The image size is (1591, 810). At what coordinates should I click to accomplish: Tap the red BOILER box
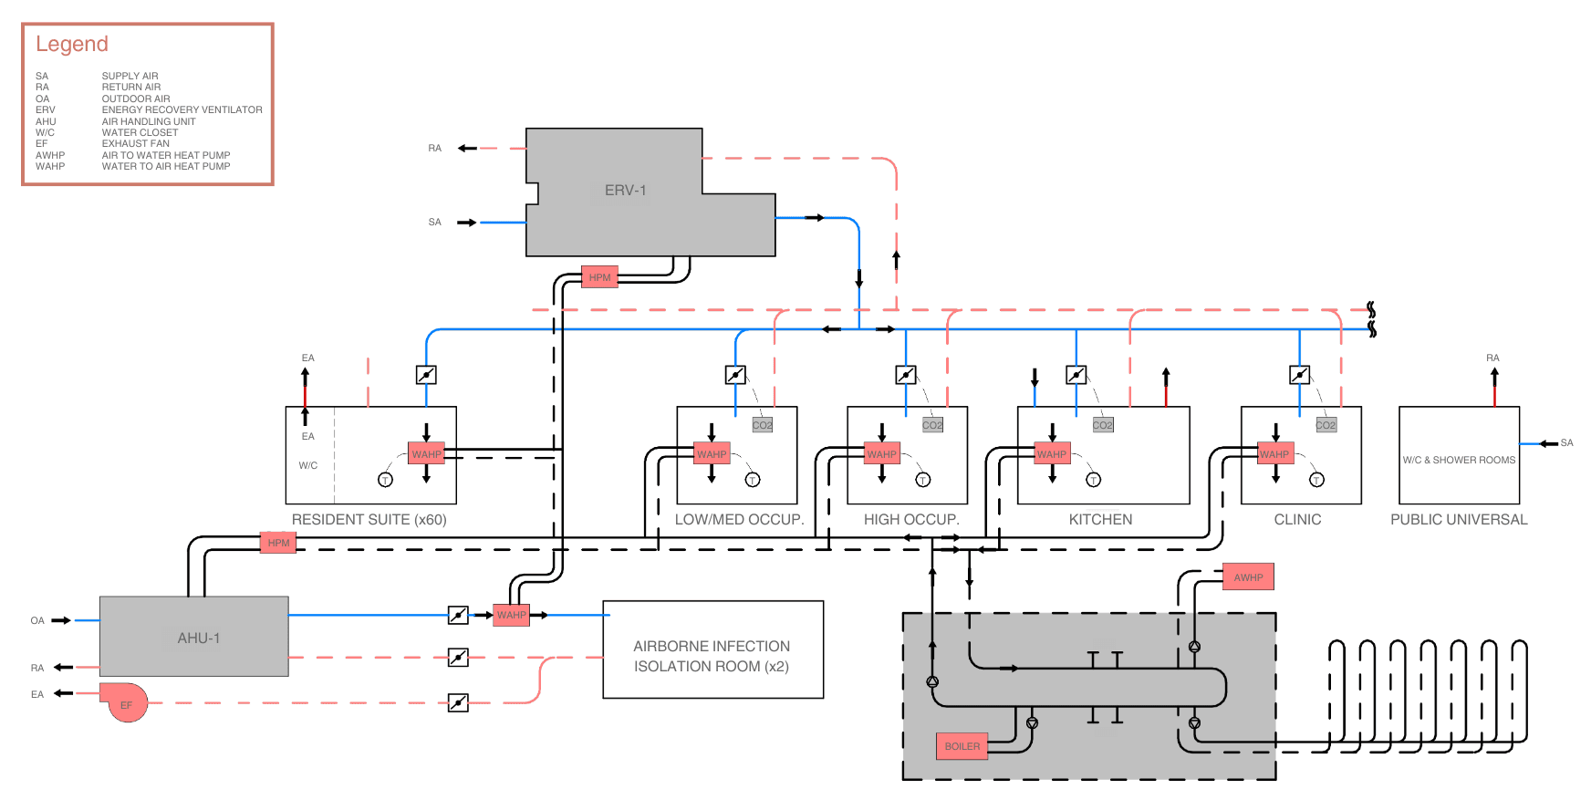962,746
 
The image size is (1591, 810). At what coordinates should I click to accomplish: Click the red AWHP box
1247,577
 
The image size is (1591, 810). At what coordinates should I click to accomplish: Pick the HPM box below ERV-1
599,277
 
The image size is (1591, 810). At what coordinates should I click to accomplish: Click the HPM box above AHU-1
278,543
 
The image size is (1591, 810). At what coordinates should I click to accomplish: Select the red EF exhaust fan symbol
127,703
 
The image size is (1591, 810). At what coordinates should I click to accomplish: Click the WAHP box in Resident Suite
426,454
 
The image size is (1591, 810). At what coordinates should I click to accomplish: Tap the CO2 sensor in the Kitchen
1102,425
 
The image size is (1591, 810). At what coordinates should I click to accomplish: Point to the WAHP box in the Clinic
1274,454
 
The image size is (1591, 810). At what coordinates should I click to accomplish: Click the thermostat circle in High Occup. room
923,480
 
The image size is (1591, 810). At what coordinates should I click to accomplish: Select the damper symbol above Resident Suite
426,375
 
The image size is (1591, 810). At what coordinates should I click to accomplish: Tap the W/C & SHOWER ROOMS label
1458,460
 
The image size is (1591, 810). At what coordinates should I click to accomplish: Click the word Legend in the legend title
72,44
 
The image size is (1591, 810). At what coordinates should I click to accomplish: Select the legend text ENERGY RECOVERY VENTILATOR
182,109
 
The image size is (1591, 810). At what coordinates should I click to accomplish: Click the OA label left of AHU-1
37,620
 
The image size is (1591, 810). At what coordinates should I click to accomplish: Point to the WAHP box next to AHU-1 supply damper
511,615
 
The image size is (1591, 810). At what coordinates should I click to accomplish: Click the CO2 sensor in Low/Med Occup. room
762,425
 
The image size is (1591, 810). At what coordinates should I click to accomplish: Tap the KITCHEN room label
1100,519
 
